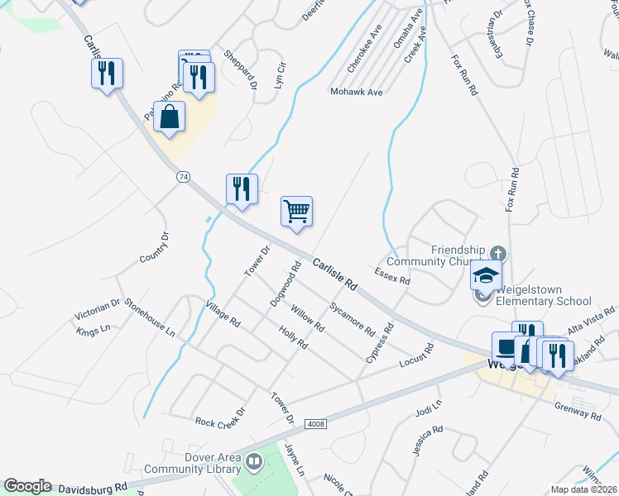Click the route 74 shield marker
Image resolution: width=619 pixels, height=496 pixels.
click(x=183, y=176)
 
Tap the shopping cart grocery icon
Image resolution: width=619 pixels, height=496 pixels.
click(x=296, y=211)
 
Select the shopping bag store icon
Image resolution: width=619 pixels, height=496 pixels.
click(x=169, y=118)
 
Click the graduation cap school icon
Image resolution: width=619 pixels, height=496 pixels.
click(x=486, y=274)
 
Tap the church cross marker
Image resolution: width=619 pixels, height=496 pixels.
click(x=497, y=252)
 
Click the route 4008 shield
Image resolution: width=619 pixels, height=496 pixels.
click(x=315, y=424)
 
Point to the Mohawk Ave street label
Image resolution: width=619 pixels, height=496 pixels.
click(x=356, y=92)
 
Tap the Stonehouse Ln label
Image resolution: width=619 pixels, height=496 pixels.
click(x=150, y=317)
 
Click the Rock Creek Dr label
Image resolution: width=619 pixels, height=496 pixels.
click(x=221, y=417)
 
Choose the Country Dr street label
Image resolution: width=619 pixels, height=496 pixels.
click(x=154, y=247)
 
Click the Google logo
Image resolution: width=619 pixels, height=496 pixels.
click(x=27, y=486)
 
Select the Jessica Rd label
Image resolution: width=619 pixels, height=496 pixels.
click(x=428, y=441)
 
